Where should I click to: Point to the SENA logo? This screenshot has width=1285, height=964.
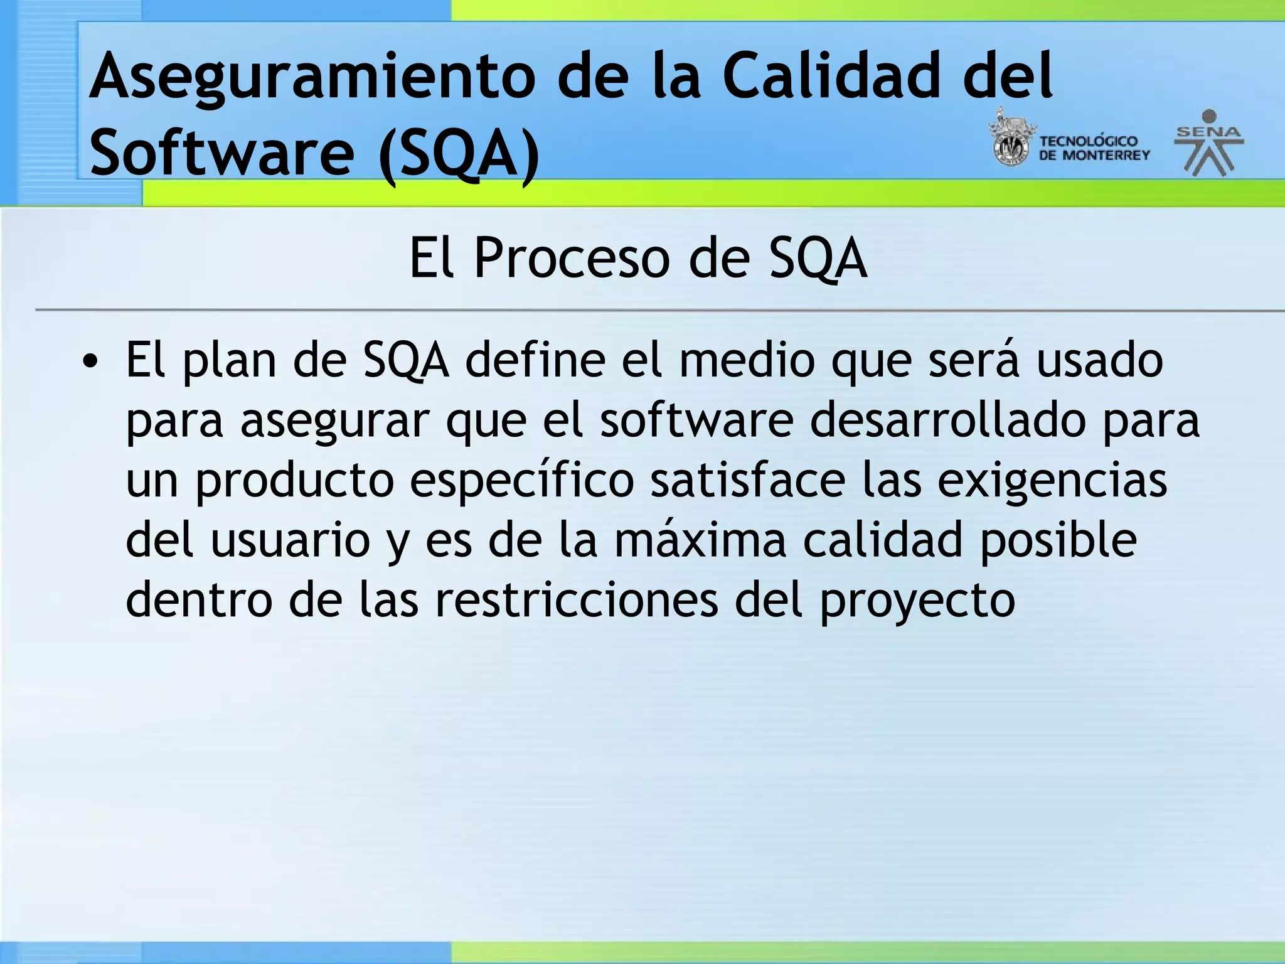click(x=1208, y=143)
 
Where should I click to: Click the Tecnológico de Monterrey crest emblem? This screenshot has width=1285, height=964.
click(x=1010, y=139)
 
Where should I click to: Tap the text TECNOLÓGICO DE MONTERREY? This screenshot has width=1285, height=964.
click(x=1094, y=148)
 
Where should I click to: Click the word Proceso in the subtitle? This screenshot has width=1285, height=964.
click(x=571, y=258)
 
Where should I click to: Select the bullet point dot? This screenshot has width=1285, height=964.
click(x=91, y=362)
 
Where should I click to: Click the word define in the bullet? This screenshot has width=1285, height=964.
click(x=535, y=361)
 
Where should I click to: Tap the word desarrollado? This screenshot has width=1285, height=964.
click(x=947, y=420)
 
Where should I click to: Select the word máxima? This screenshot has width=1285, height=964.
click(x=699, y=540)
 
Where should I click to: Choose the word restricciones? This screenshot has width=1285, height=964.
click(x=577, y=599)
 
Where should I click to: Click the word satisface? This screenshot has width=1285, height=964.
click(x=747, y=480)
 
